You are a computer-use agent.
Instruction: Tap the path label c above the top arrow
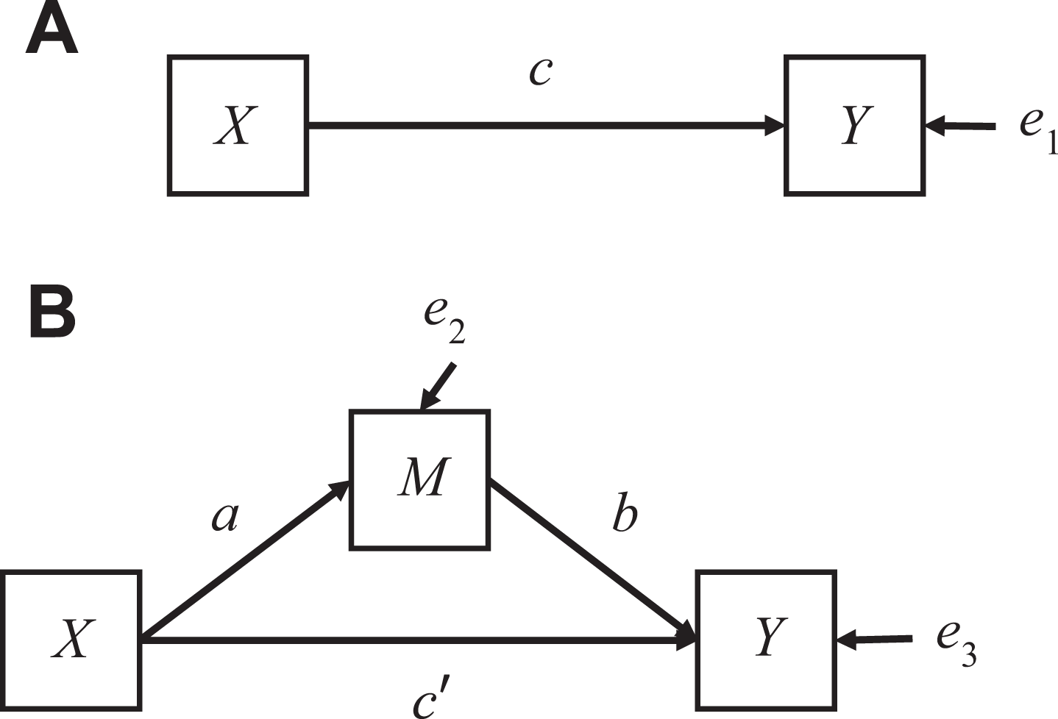[540, 73]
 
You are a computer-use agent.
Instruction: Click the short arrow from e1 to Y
[961, 126]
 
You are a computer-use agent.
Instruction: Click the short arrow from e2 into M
[438, 386]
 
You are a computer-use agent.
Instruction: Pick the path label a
[225, 518]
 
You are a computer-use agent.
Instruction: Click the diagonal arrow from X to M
[245, 560]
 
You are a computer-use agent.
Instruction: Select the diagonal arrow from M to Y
[593, 560]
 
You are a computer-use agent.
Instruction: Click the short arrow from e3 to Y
[875, 640]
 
